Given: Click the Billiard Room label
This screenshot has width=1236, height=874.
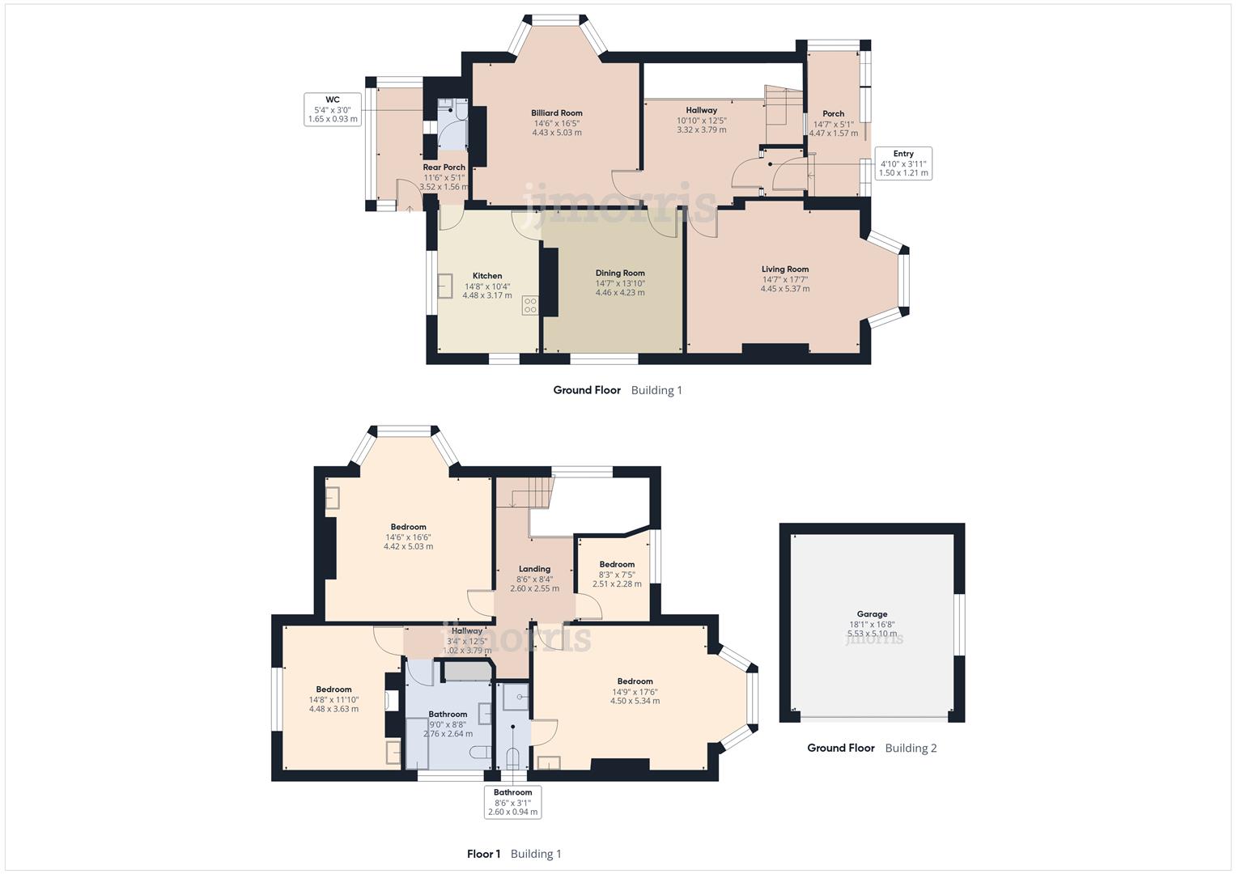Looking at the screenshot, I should point(556,113).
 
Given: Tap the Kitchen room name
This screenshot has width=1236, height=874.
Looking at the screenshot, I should point(487,276).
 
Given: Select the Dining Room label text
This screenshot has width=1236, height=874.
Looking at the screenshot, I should point(620,273).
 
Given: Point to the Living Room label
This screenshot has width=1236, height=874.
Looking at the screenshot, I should point(784,269).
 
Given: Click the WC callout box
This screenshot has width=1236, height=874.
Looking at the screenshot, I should point(332,109).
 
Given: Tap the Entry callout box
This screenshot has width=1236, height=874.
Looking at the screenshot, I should point(903,163).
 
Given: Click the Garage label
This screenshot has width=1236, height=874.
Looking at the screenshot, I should point(872,614).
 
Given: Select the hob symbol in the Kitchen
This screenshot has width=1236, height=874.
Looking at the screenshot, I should point(530,305).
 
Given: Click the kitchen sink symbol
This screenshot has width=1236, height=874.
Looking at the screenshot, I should point(445,286).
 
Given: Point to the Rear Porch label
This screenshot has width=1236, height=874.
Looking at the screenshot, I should point(444,168).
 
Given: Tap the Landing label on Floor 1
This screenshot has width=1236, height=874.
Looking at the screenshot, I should point(534,569).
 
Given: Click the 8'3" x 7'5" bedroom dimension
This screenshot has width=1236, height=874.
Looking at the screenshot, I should point(617,575).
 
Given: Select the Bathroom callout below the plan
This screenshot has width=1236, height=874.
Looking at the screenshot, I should point(512,802).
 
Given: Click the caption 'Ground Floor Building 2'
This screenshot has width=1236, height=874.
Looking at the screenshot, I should point(872,748).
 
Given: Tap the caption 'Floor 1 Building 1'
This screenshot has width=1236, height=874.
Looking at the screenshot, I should point(514,854).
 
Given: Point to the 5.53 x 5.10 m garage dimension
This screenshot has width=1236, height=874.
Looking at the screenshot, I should point(872,634).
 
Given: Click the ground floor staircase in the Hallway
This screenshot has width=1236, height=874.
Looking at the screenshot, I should point(783,105).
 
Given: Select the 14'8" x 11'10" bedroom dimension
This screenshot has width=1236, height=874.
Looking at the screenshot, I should point(333,700).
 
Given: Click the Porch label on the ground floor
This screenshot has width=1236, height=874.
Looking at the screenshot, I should point(833,114).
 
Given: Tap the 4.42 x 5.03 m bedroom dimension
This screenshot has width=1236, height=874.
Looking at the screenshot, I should point(408,546).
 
